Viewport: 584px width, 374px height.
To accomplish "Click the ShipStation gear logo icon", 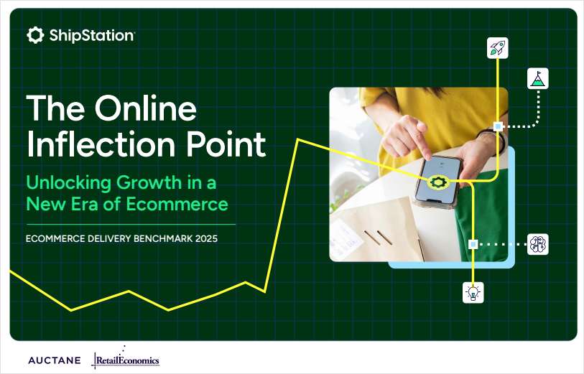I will point(35,35).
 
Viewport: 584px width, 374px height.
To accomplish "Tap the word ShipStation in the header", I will point(91,35).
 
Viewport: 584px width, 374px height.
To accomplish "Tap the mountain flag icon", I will point(538,79).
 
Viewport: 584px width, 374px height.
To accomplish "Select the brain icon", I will point(538,244).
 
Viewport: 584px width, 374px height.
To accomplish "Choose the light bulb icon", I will point(473,291).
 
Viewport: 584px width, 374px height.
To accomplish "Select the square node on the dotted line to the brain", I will point(473,244).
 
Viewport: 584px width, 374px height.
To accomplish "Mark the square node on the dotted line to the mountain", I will point(498,126).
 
